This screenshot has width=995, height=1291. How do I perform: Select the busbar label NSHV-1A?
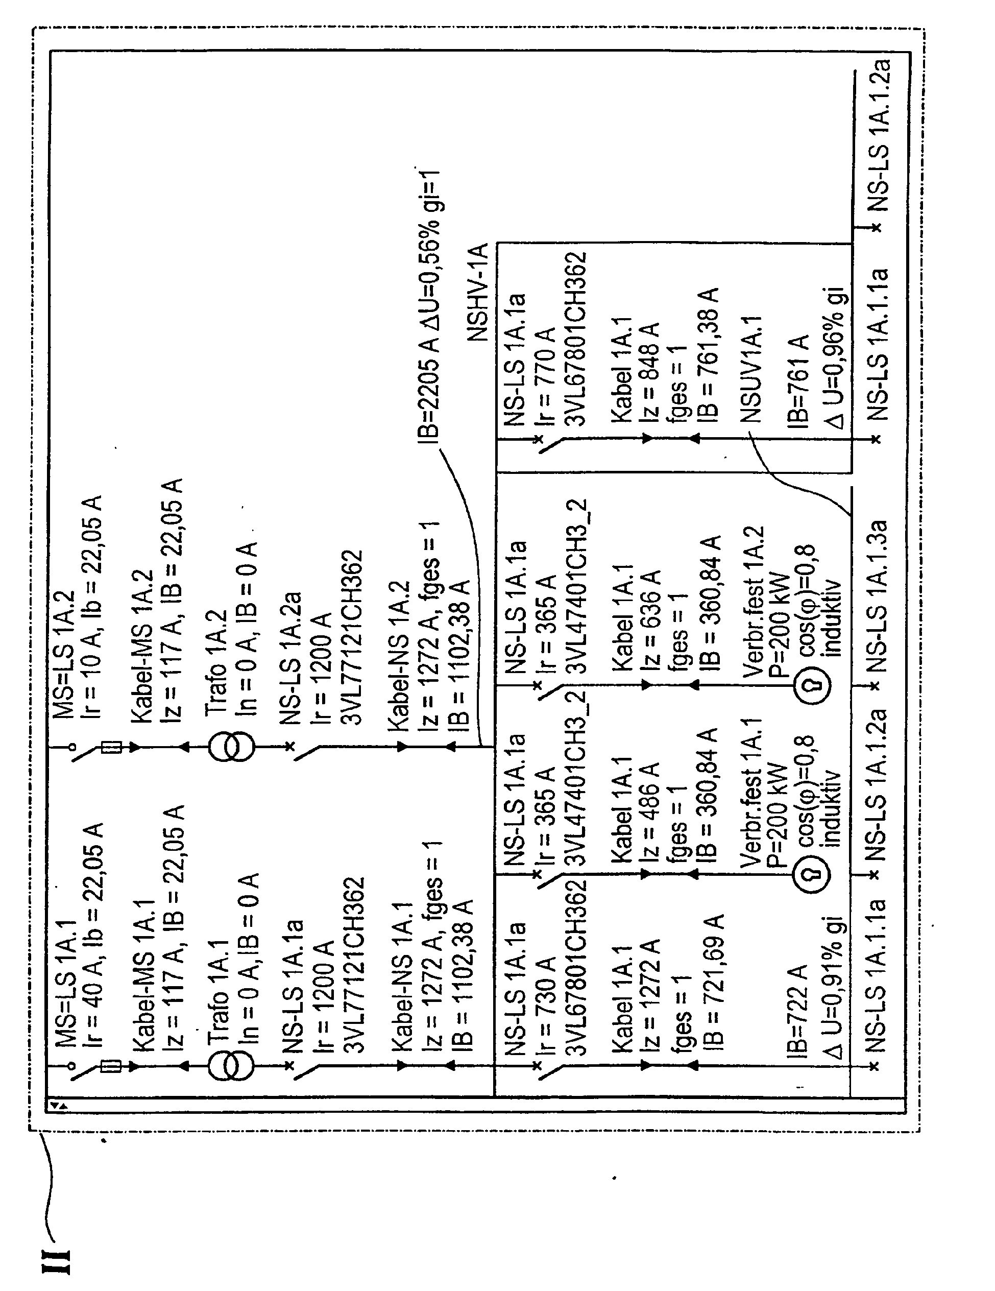(478, 292)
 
